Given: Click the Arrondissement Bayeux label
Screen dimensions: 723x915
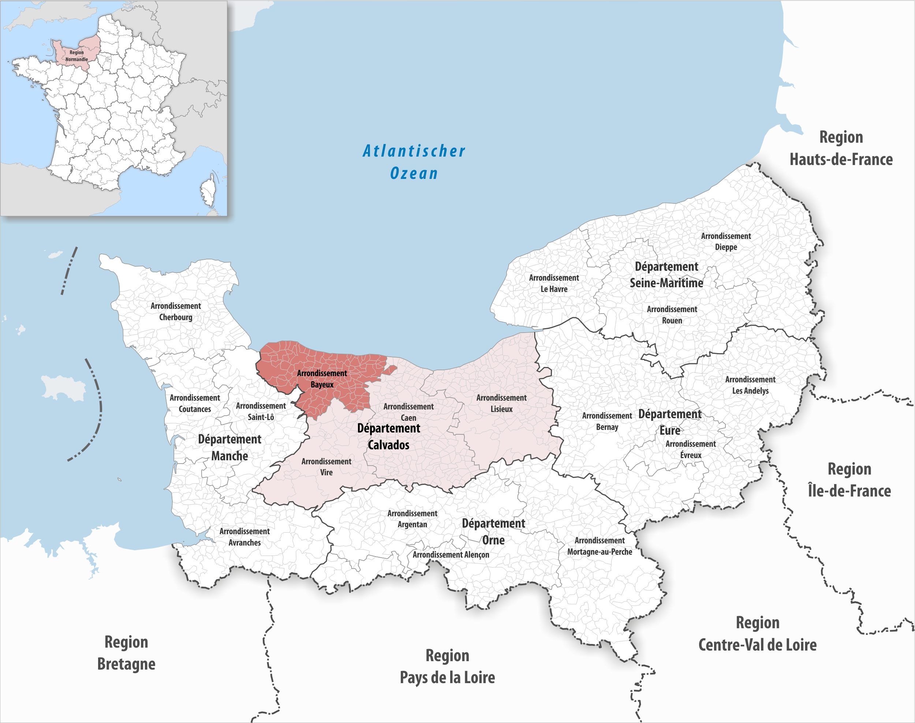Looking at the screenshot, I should tap(322, 379).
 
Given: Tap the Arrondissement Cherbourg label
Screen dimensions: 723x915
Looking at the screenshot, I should tap(176, 311).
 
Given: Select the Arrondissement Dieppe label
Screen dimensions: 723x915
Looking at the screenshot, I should tap(726, 241).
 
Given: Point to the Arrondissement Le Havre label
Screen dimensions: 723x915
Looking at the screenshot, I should tap(554, 283).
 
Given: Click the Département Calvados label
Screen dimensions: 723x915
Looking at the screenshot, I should tap(389, 437).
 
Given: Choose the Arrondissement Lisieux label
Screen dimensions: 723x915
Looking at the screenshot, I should tap(501, 403).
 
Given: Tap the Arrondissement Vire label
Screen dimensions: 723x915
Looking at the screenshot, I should tap(326, 467).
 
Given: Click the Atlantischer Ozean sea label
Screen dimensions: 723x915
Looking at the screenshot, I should tap(414, 162).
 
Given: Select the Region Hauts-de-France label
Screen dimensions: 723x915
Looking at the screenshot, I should tap(841, 148).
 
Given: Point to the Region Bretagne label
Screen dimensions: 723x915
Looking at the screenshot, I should tap(126, 653).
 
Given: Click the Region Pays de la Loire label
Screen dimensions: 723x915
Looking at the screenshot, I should tap(447, 666).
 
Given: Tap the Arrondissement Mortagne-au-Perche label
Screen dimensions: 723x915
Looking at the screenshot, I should tap(600, 546).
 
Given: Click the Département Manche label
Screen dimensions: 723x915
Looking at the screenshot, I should tap(229, 447).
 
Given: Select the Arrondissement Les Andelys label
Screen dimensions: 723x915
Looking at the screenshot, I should tap(750, 385).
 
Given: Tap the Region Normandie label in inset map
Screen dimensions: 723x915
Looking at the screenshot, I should tap(76, 56).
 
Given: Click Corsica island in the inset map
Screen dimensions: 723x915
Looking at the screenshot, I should tap(209, 192).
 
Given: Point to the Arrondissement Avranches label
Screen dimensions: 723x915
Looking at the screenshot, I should tap(244, 536).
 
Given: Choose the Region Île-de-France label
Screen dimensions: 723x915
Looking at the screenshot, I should tap(849, 480).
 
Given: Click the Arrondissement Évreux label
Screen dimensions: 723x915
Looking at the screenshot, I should tap(691, 449).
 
